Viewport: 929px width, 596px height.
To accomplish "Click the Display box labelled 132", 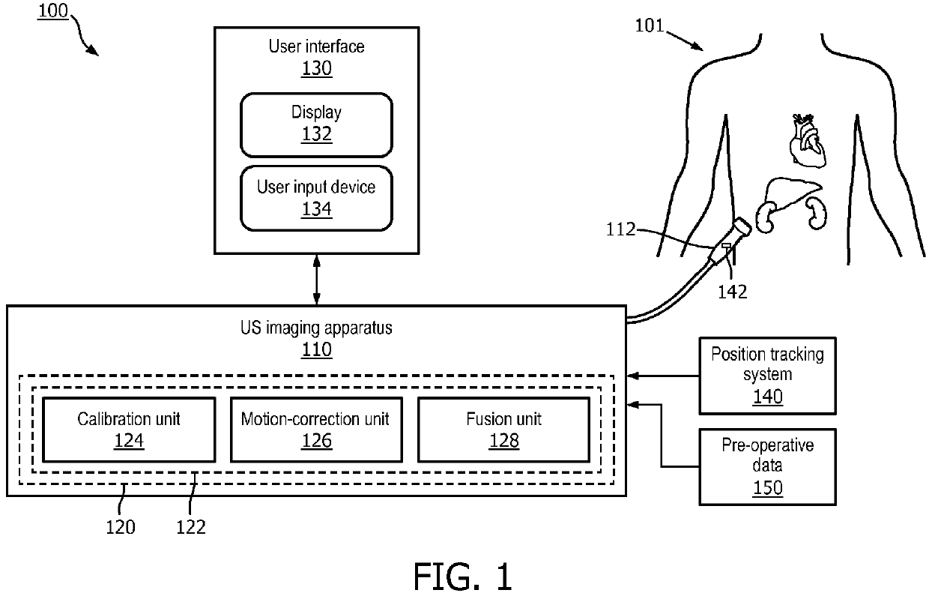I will pos(316,124).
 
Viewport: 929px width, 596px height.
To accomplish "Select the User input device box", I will pos(316,197).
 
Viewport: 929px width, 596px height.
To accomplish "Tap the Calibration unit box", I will pos(129,429).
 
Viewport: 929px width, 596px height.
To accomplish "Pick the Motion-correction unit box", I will pos(315,429).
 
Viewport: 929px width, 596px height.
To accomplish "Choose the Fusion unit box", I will pos(503,429).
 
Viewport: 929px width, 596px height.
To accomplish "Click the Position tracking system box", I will pos(767,375).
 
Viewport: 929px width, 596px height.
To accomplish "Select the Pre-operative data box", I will pos(767,466).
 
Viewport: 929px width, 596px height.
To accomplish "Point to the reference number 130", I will pos(316,69).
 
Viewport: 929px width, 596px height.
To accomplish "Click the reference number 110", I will pos(316,349).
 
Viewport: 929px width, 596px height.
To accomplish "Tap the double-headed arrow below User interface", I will pos(317,279).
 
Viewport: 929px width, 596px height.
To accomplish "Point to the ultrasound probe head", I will pos(742,228).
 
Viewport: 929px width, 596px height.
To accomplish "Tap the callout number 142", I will pos(732,292).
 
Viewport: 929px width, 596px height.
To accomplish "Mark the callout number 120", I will pos(120,527).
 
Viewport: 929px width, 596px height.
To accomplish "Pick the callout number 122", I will pos(190,527).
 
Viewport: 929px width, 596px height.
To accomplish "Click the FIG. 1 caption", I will pos(463,576).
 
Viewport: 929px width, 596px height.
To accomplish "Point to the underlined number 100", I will pos(52,12).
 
